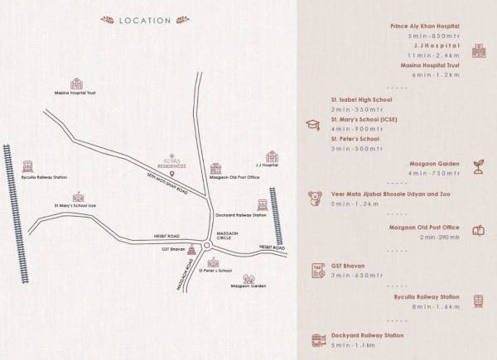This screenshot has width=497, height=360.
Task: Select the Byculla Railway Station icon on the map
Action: pyautogui.click(x=27, y=166)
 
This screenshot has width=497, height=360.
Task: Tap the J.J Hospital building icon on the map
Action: pyautogui.click(x=271, y=156)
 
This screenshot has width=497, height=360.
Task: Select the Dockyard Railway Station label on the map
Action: pyautogui.click(x=240, y=215)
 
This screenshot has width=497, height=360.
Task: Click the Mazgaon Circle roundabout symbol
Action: pyautogui.click(x=205, y=247)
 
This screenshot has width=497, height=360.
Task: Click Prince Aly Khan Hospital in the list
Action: pyautogui.click(x=426, y=26)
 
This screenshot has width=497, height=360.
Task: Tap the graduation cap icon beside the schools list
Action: pyautogui.click(x=313, y=125)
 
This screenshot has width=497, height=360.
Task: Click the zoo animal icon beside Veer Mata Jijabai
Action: pyautogui.click(x=314, y=198)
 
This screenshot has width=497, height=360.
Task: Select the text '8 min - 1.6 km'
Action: pyautogui.click(x=434, y=305)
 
